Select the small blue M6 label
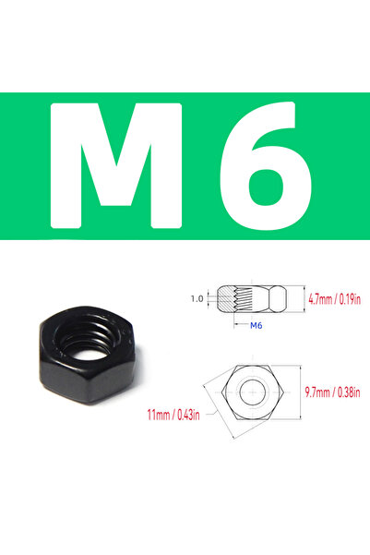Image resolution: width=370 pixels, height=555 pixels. coord(256,326)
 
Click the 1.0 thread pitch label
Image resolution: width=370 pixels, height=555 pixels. coord(195,299)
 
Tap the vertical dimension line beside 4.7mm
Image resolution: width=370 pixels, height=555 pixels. coord(304,299)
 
